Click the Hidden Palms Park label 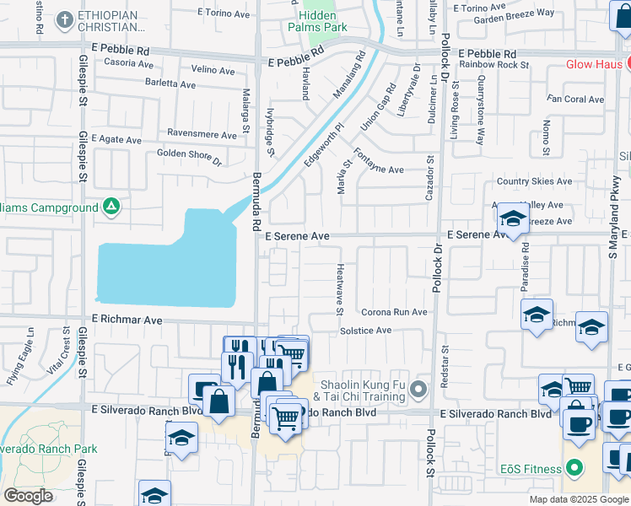(x=322, y=21)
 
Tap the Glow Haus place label (x=592, y=64)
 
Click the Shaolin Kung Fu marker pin (x=421, y=389)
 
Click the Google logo (x=29, y=496)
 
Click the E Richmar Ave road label (x=127, y=320)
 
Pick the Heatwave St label (x=340, y=288)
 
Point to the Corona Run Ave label (x=394, y=312)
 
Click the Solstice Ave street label (x=365, y=331)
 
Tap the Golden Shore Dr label (x=189, y=157)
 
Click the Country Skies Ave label (x=534, y=181)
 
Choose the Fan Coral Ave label (x=575, y=100)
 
